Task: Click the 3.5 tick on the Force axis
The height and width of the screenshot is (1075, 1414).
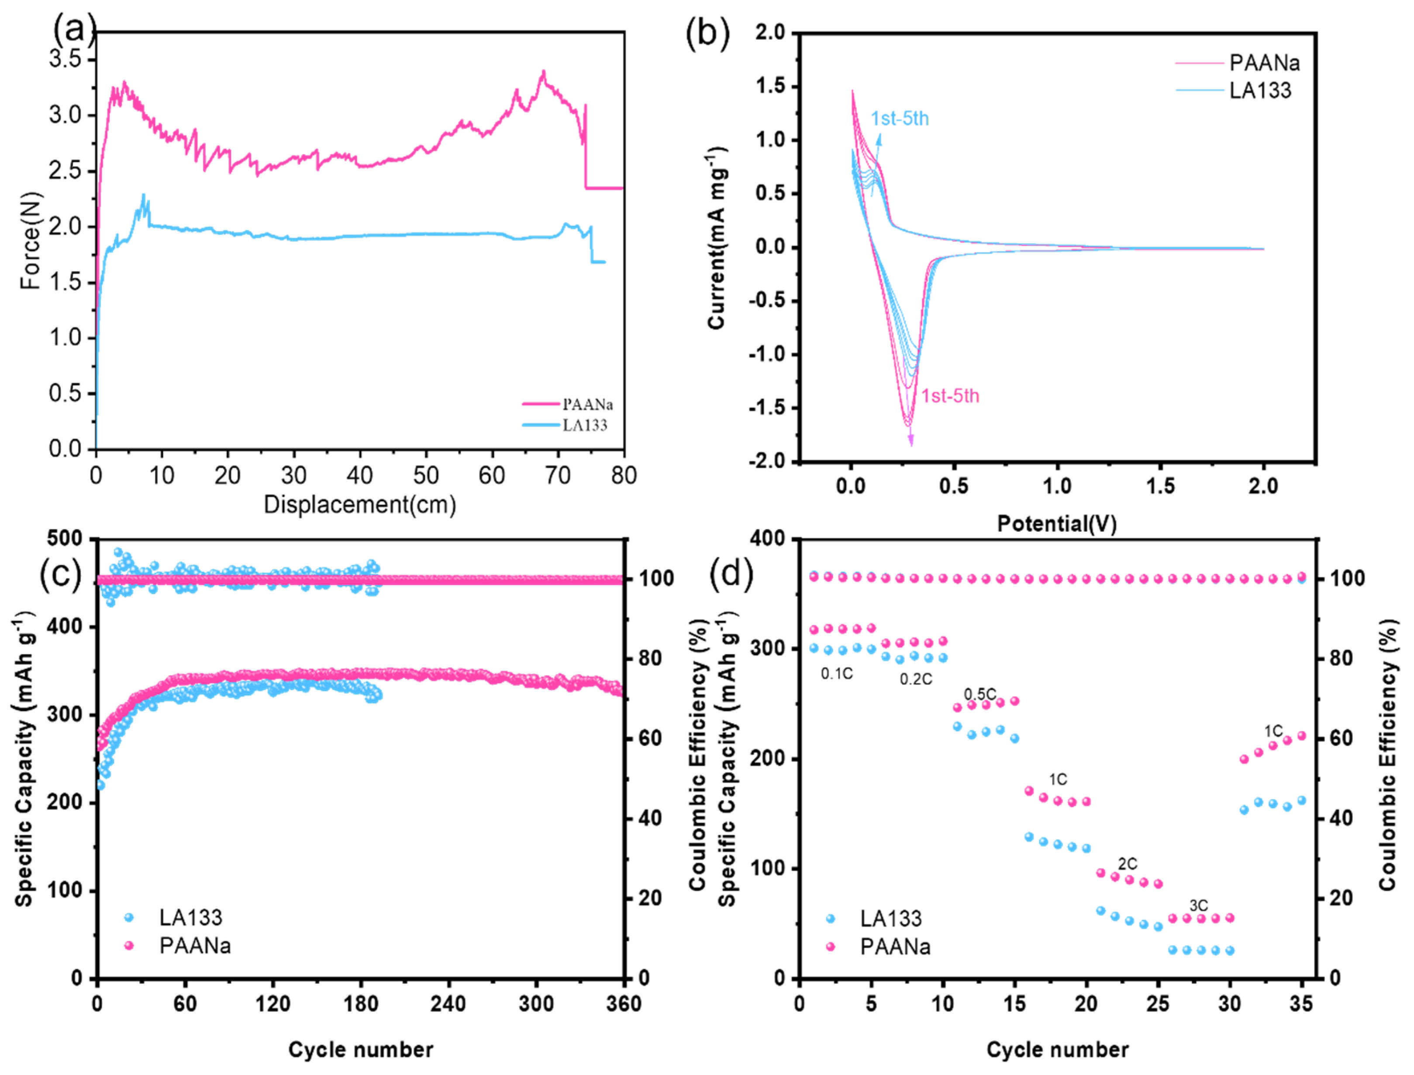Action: (66, 59)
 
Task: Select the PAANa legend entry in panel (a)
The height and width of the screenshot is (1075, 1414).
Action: (587, 404)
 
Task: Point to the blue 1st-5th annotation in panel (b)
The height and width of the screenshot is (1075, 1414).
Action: (899, 119)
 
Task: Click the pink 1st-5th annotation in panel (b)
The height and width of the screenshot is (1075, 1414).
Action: (950, 396)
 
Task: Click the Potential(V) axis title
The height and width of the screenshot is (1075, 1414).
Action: (1056, 524)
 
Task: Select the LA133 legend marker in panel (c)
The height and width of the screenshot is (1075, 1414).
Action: (129, 918)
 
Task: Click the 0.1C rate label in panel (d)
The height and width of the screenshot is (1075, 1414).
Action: (837, 674)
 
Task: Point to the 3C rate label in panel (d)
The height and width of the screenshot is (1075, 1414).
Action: (1198, 905)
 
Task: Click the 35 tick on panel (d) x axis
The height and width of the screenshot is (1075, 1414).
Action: (1301, 1003)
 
